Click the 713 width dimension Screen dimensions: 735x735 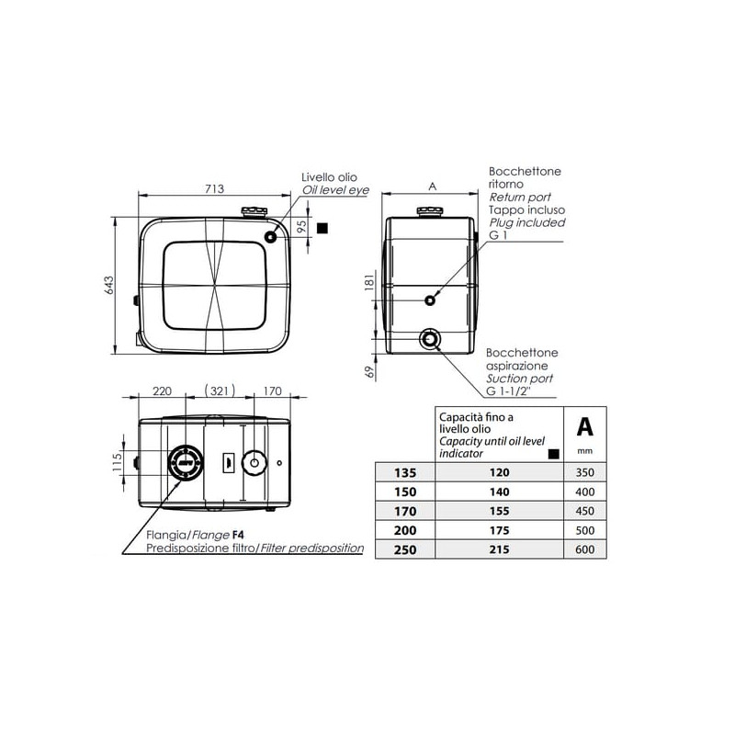point(214,188)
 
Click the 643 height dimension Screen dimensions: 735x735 point(108,285)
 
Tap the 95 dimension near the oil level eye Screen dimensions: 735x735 point(302,226)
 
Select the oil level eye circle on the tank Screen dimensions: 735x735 point(271,237)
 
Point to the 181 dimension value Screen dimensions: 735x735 point(370,282)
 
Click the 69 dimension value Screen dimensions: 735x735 point(370,372)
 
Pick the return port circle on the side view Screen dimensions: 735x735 point(430,300)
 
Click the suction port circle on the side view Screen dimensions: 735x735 point(429,338)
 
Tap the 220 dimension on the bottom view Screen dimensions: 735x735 point(163,391)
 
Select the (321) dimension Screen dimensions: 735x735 point(220,390)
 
